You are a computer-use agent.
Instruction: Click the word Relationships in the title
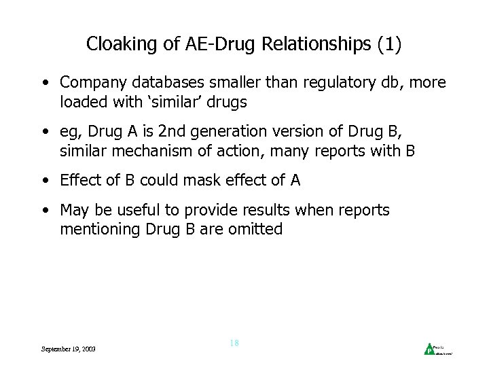(321, 45)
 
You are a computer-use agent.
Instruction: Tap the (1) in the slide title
(389, 45)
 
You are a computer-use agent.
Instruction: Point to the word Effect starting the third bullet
(80, 181)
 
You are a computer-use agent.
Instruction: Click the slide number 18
(234, 343)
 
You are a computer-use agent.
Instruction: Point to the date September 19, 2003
(68, 349)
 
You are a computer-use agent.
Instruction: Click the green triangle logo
(430, 349)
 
